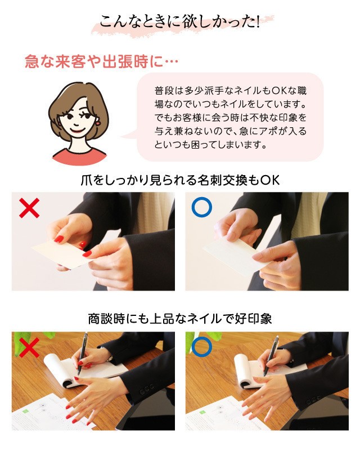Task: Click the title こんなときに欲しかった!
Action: (x=180, y=21)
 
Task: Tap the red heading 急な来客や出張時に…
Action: (x=101, y=61)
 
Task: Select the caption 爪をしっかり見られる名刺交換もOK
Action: (x=180, y=180)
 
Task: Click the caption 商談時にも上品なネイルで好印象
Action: (x=180, y=319)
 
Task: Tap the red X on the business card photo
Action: (x=29, y=208)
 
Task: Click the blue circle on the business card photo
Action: (x=202, y=207)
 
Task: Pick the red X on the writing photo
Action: (x=29, y=347)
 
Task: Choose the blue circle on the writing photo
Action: (x=202, y=347)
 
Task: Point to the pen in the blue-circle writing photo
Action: (x=271, y=356)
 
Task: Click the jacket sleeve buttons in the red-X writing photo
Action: (x=147, y=389)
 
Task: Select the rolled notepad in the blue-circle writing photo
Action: (x=243, y=372)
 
